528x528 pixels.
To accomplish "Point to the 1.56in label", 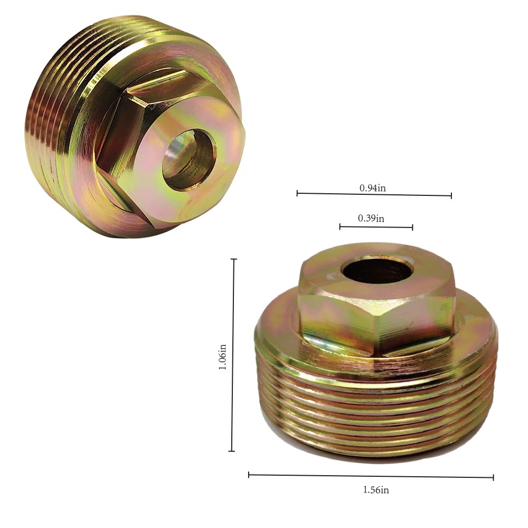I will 375,489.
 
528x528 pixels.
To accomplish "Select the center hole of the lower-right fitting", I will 376,270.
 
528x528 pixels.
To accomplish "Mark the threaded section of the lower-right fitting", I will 375,412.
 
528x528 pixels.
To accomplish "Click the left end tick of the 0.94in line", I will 297,193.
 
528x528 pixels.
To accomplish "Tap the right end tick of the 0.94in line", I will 451,195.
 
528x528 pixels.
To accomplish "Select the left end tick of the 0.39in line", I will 340,227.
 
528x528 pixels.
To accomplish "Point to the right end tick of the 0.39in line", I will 412,228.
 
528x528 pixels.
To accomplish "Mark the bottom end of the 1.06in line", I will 231,451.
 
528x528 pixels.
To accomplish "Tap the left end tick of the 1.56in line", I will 249,475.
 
